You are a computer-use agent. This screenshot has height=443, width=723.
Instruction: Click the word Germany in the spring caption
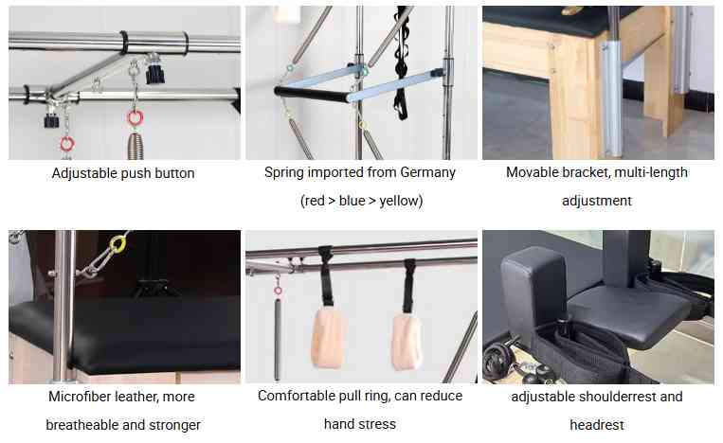click(x=427, y=172)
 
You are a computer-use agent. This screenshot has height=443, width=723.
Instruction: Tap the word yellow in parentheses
click(x=400, y=201)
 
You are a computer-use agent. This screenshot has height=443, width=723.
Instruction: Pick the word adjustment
click(x=597, y=201)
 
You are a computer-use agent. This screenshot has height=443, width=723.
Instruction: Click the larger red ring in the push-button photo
click(x=136, y=118)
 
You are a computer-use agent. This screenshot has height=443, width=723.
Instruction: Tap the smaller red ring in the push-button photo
click(x=67, y=144)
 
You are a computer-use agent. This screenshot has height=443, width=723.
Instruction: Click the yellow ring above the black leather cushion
click(x=118, y=243)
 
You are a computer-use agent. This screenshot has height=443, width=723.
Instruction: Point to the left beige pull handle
click(x=328, y=337)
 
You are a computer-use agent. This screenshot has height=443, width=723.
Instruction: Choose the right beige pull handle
click(x=407, y=342)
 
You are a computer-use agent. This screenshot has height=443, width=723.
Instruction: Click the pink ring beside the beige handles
click(x=278, y=290)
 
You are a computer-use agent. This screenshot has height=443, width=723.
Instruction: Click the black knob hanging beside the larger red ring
click(x=155, y=74)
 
